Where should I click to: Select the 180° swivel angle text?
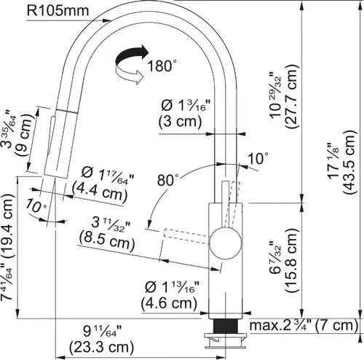pyautogui.click(x=162, y=66)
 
